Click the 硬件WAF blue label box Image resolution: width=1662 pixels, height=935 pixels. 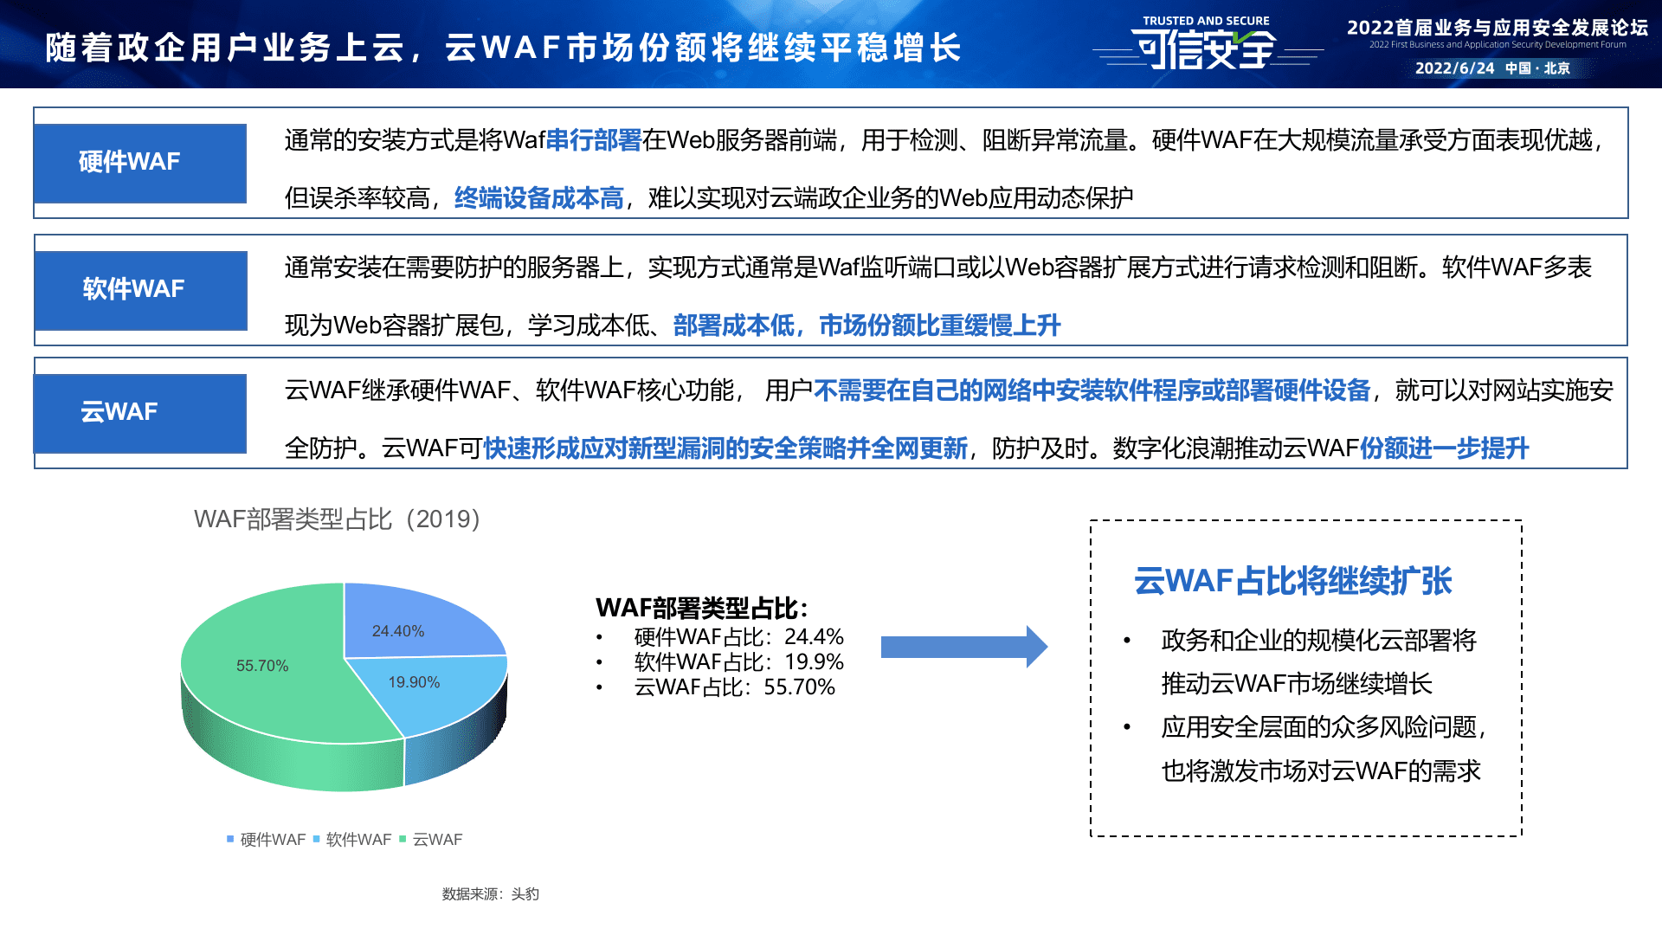[140, 163]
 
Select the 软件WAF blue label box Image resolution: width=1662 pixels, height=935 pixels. [140, 290]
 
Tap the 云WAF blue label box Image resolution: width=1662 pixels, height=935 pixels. [140, 413]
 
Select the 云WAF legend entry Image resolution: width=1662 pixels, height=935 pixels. [432, 840]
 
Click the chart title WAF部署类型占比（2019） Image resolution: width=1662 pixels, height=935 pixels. [337, 519]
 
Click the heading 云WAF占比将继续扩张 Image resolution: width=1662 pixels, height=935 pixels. [1292, 581]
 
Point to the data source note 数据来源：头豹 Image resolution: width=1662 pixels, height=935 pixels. [490, 894]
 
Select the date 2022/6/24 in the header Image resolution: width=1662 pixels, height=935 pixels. [1454, 68]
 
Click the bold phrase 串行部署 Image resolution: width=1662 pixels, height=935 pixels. [593, 140]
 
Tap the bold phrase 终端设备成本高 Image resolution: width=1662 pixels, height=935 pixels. [538, 198]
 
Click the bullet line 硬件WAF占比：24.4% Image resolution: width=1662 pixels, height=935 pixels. [738, 637]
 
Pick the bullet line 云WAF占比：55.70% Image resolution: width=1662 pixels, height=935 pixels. [734, 687]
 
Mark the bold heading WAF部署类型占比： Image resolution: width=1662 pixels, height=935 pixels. [702, 608]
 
